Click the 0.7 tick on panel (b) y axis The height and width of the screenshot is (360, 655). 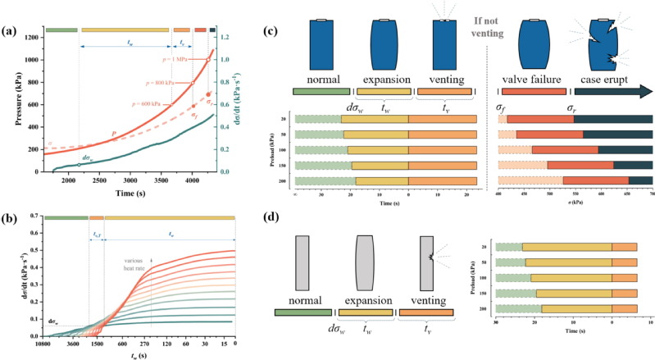(x=36, y=216)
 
